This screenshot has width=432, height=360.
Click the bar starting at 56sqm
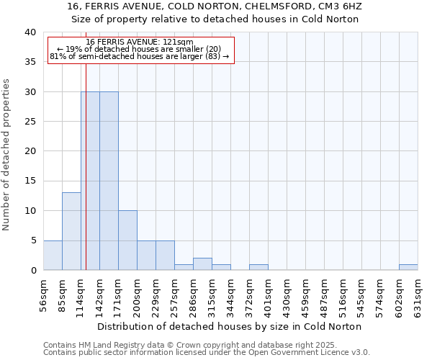click(x=53, y=256)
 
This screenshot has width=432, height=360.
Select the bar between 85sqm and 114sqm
click(x=71, y=231)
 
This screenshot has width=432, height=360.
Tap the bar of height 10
click(x=127, y=240)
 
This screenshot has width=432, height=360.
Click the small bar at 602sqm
click(x=408, y=267)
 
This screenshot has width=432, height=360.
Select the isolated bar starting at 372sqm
click(x=258, y=267)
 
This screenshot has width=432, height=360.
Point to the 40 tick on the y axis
click(x=30, y=32)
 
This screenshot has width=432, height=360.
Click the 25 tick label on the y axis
click(x=30, y=122)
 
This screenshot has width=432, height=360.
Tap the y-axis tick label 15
click(x=30, y=181)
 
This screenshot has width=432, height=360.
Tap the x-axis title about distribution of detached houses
click(x=229, y=327)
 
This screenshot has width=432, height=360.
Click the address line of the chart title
click(x=215, y=6)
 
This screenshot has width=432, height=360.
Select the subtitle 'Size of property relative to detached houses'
click(x=215, y=19)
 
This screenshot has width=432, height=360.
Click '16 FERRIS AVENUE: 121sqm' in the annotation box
click(x=140, y=42)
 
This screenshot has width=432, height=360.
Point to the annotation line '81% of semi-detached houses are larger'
click(x=140, y=56)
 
